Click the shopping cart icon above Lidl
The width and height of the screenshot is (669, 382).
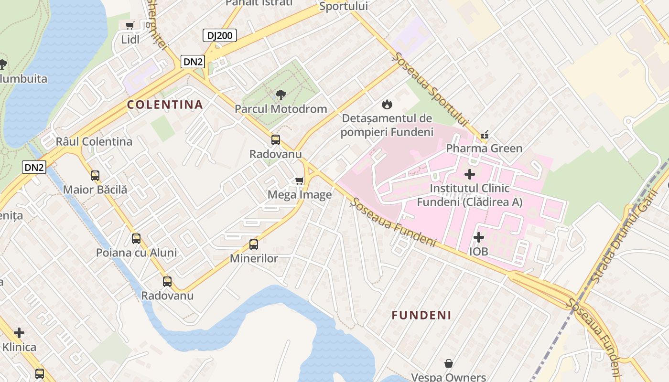[x=129, y=26]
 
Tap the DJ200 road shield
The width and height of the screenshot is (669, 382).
[x=220, y=35]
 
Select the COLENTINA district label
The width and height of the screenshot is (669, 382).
[x=165, y=105]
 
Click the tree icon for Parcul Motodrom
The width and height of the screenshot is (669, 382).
[x=281, y=95]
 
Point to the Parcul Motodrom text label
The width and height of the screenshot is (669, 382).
[x=281, y=109]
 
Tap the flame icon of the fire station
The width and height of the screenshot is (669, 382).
[x=387, y=104]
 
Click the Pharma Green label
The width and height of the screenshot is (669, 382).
[x=484, y=149]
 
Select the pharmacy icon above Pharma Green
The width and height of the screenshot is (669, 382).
[x=485, y=135]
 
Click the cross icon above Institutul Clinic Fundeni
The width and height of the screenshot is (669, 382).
[x=470, y=174]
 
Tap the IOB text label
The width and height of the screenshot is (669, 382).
[x=478, y=251]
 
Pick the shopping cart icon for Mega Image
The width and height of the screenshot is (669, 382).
[x=300, y=180]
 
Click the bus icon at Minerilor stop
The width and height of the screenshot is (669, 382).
[x=254, y=244]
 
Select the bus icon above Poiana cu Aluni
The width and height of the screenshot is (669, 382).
[x=136, y=238]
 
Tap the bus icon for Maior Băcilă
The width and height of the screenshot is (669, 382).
[x=95, y=176]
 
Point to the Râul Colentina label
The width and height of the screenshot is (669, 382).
[x=94, y=142]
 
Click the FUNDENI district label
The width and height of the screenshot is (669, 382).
[x=421, y=315]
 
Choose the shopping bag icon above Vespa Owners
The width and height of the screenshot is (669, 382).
[x=449, y=364]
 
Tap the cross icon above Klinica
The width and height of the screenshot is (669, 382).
[x=19, y=333]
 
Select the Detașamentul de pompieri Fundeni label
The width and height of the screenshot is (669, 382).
[x=387, y=125]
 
